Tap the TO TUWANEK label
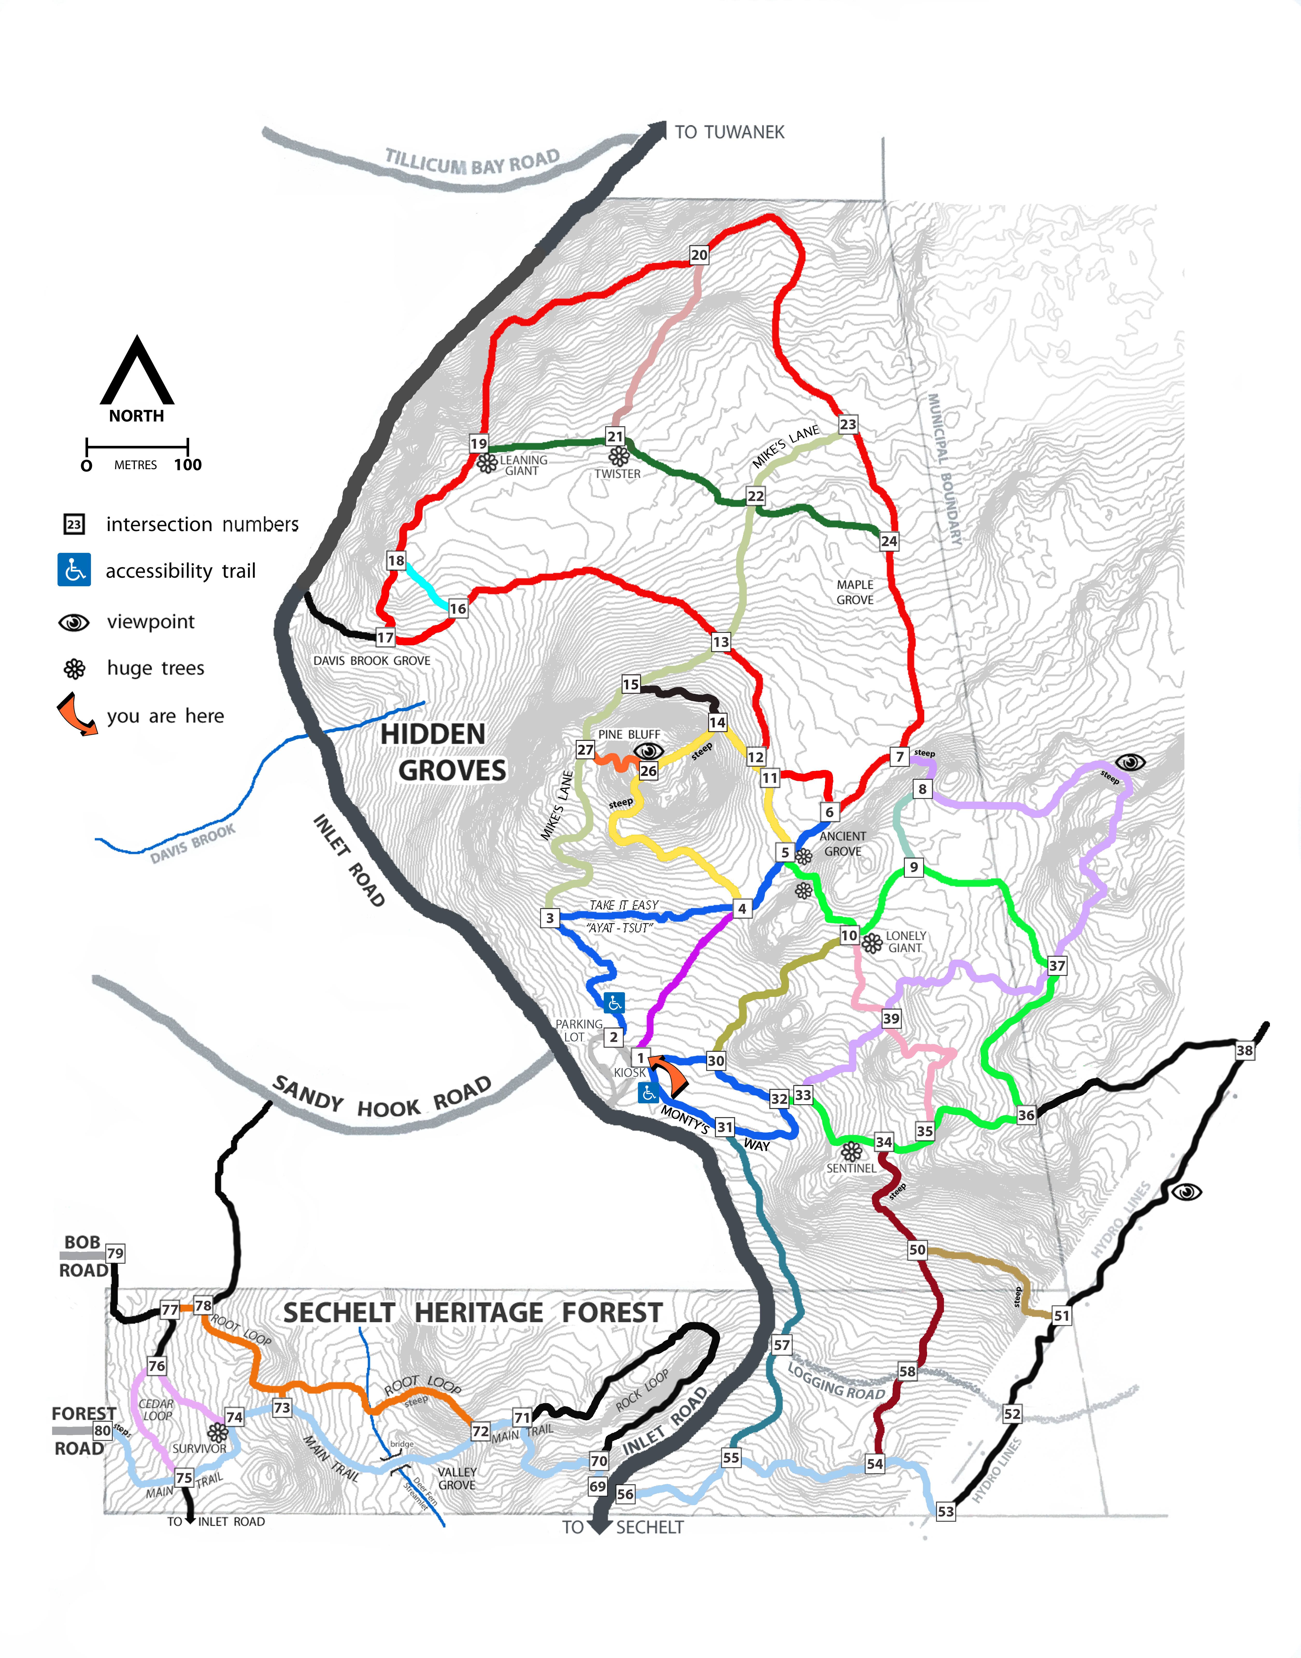[x=729, y=133]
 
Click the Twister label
[x=618, y=474]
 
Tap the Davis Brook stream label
[x=193, y=844]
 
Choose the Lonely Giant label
[x=906, y=942]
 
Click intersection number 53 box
[x=945, y=1512]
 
